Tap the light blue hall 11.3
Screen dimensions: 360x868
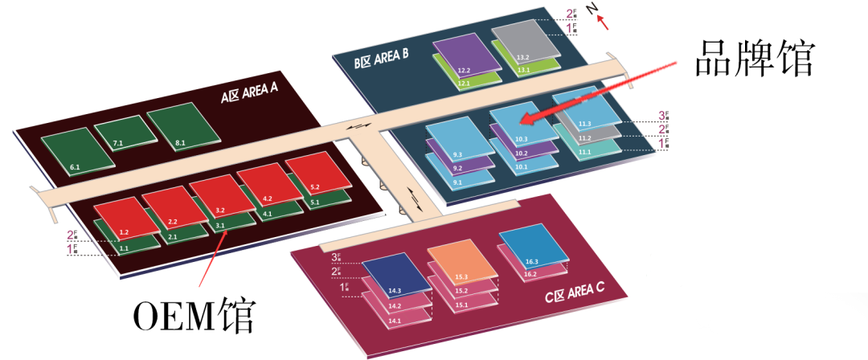point(584,108)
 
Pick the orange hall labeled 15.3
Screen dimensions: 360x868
point(458,261)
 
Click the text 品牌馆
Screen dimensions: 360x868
point(755,59)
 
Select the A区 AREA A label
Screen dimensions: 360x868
point(249,96)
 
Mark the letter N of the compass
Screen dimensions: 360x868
point(592,10)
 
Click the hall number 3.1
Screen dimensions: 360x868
point(219,227)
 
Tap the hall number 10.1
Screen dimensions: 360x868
point(521,167)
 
